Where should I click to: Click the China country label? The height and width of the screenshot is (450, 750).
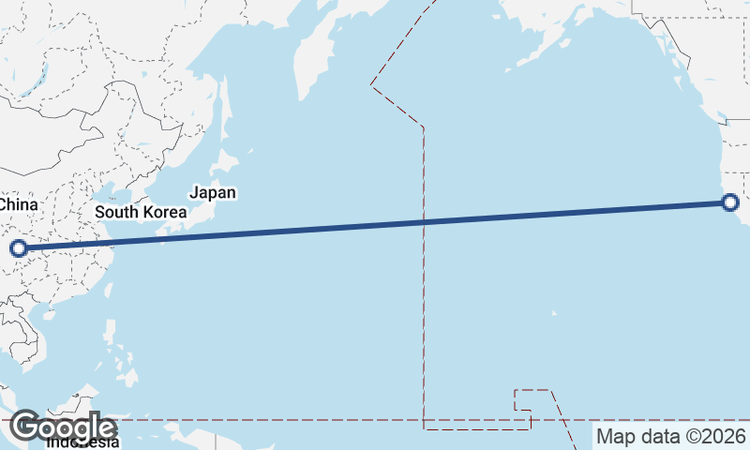(x=18, y=204)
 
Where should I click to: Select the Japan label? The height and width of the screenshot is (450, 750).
(x=213, y=193)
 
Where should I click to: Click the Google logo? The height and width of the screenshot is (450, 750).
(x=63, y=427)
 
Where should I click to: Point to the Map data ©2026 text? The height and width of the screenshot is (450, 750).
(x=671, y=437)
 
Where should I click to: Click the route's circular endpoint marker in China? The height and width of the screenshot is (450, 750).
(x=18, y=248)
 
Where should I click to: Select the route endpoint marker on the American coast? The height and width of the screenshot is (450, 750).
(x=730, y=202)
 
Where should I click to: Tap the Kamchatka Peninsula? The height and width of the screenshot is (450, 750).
(x=312, y=56)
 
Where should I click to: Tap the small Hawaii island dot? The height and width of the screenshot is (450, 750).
(x=555, y=313)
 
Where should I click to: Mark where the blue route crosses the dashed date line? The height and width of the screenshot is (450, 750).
(x=425, y=222)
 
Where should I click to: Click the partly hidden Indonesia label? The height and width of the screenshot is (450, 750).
(x=84, y=442)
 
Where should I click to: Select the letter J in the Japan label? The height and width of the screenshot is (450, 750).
(x=193, y=193)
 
